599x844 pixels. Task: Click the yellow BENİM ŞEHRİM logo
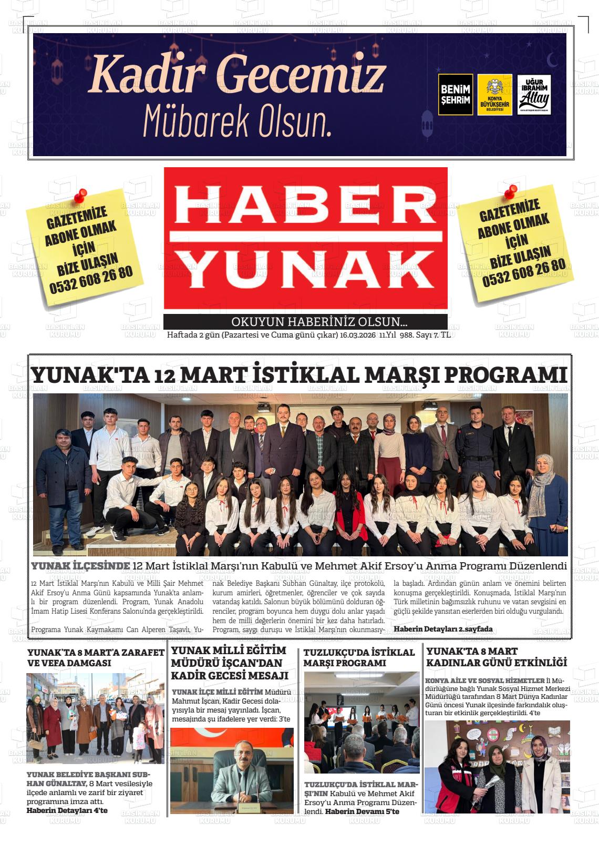tap(455, 94)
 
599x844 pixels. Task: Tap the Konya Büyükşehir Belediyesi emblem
tap(495, 95)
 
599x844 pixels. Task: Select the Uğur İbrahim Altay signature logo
tap(534, 95)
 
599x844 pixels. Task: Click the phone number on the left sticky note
tap(91, 279)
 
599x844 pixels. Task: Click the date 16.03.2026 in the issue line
tap(358, 335)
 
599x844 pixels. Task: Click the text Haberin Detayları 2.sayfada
tap(443, 629)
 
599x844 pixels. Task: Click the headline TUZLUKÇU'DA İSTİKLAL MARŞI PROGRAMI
tap(359, 657)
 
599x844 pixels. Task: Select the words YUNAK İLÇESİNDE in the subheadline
tap(80, 566)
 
